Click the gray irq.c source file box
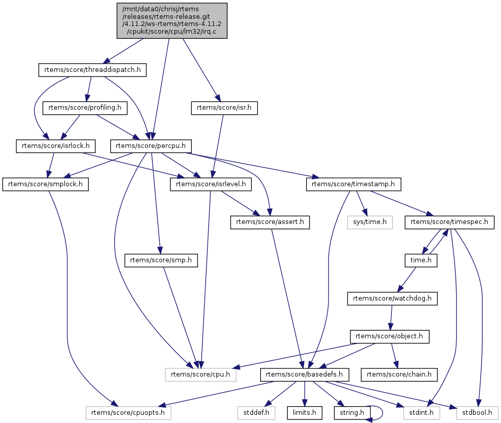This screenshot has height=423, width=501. [172, 20]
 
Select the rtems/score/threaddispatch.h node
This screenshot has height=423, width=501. [92, 70]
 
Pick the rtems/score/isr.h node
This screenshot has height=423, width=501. [224, 108]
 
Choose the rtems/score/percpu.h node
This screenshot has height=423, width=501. [151, 146]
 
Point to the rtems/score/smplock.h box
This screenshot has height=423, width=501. [45, 184]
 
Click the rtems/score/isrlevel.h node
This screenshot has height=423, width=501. [211, 184]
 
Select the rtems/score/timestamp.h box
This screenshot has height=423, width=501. [354, 184]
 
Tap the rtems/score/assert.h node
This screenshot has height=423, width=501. [270, 222]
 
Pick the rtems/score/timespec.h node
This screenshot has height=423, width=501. [449, 222]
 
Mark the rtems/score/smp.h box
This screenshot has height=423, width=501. [161, 260]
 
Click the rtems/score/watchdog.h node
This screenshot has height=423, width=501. [392, 298]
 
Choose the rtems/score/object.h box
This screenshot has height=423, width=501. [389, 337]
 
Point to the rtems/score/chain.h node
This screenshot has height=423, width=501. [399, 375]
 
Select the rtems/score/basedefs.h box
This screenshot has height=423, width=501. [305, 375]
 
